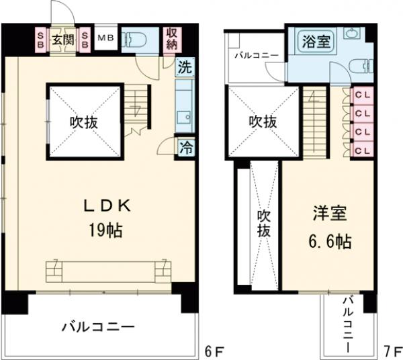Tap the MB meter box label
click(x=105, y=38)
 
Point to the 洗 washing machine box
click(x=184, y=68)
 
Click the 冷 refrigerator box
click(x=184, y=148)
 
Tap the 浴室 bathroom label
click(x=316, y=41)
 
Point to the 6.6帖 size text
click(x=330, y=240)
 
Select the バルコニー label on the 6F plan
click(x=99, y=327)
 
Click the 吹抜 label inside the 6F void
click(x=84, y=122)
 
